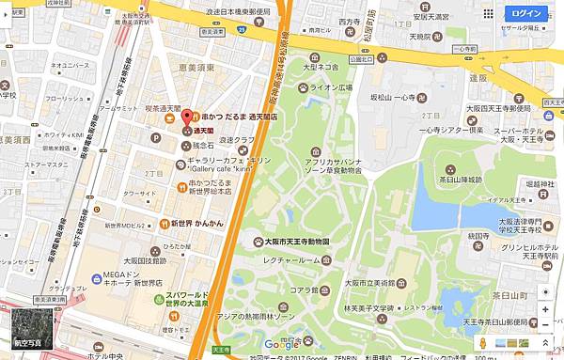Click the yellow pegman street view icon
point(482,344)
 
